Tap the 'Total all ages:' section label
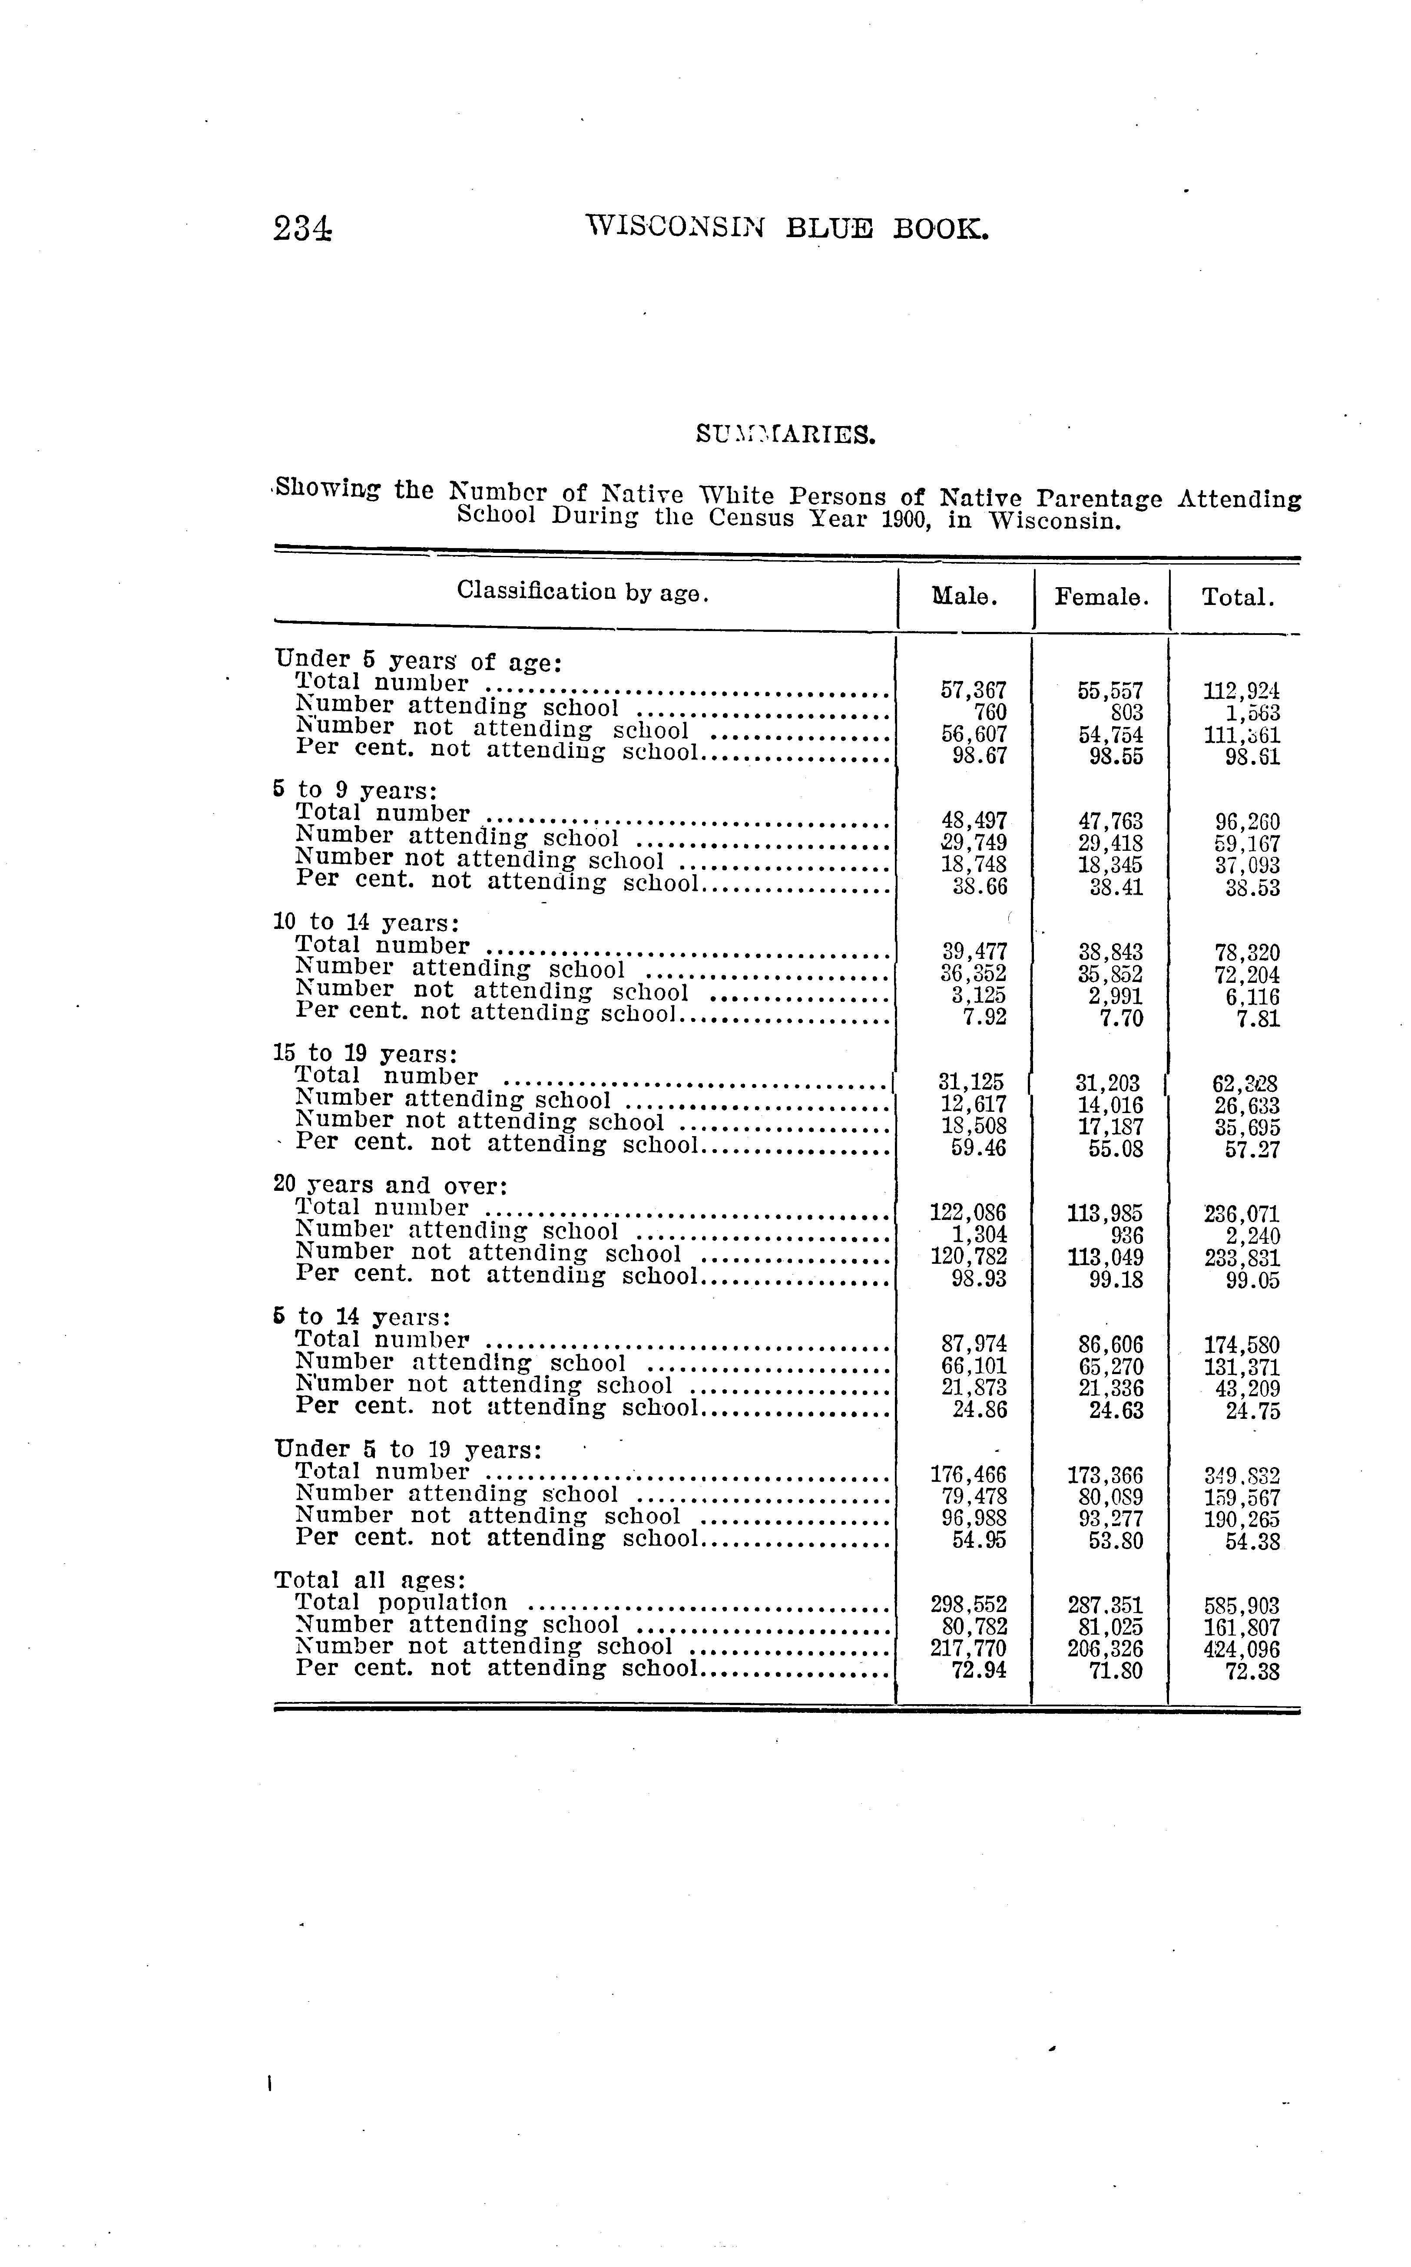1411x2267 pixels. tap(370, 1580)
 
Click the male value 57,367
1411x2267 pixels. tap(974, 691)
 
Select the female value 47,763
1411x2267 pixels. tap(1110, 821)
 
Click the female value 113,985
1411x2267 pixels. tap(1105, 1214)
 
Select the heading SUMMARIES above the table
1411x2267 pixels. tap(786, 435)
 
